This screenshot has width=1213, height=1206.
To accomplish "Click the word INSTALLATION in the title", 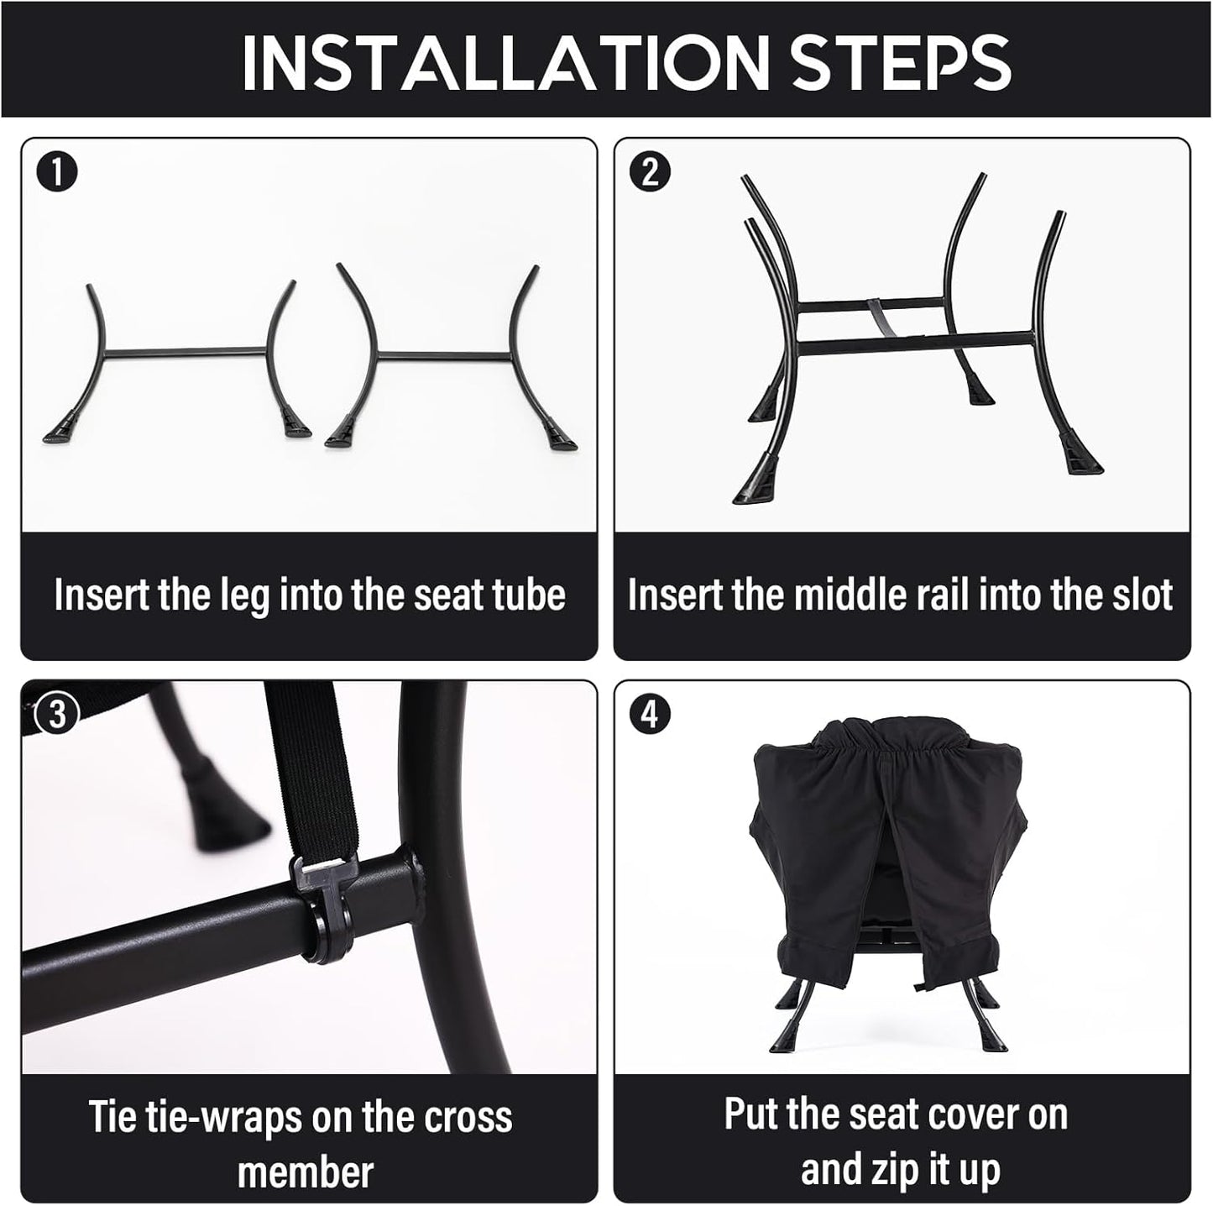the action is click(505, 61).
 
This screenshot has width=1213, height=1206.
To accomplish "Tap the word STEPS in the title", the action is click(901, 61).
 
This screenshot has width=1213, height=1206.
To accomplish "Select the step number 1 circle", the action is click(56, 172).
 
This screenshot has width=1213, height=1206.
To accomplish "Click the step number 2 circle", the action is click(651, 172).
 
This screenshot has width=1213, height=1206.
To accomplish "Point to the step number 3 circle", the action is click(56, 714).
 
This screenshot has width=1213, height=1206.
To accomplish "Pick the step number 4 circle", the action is click(651, 714).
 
